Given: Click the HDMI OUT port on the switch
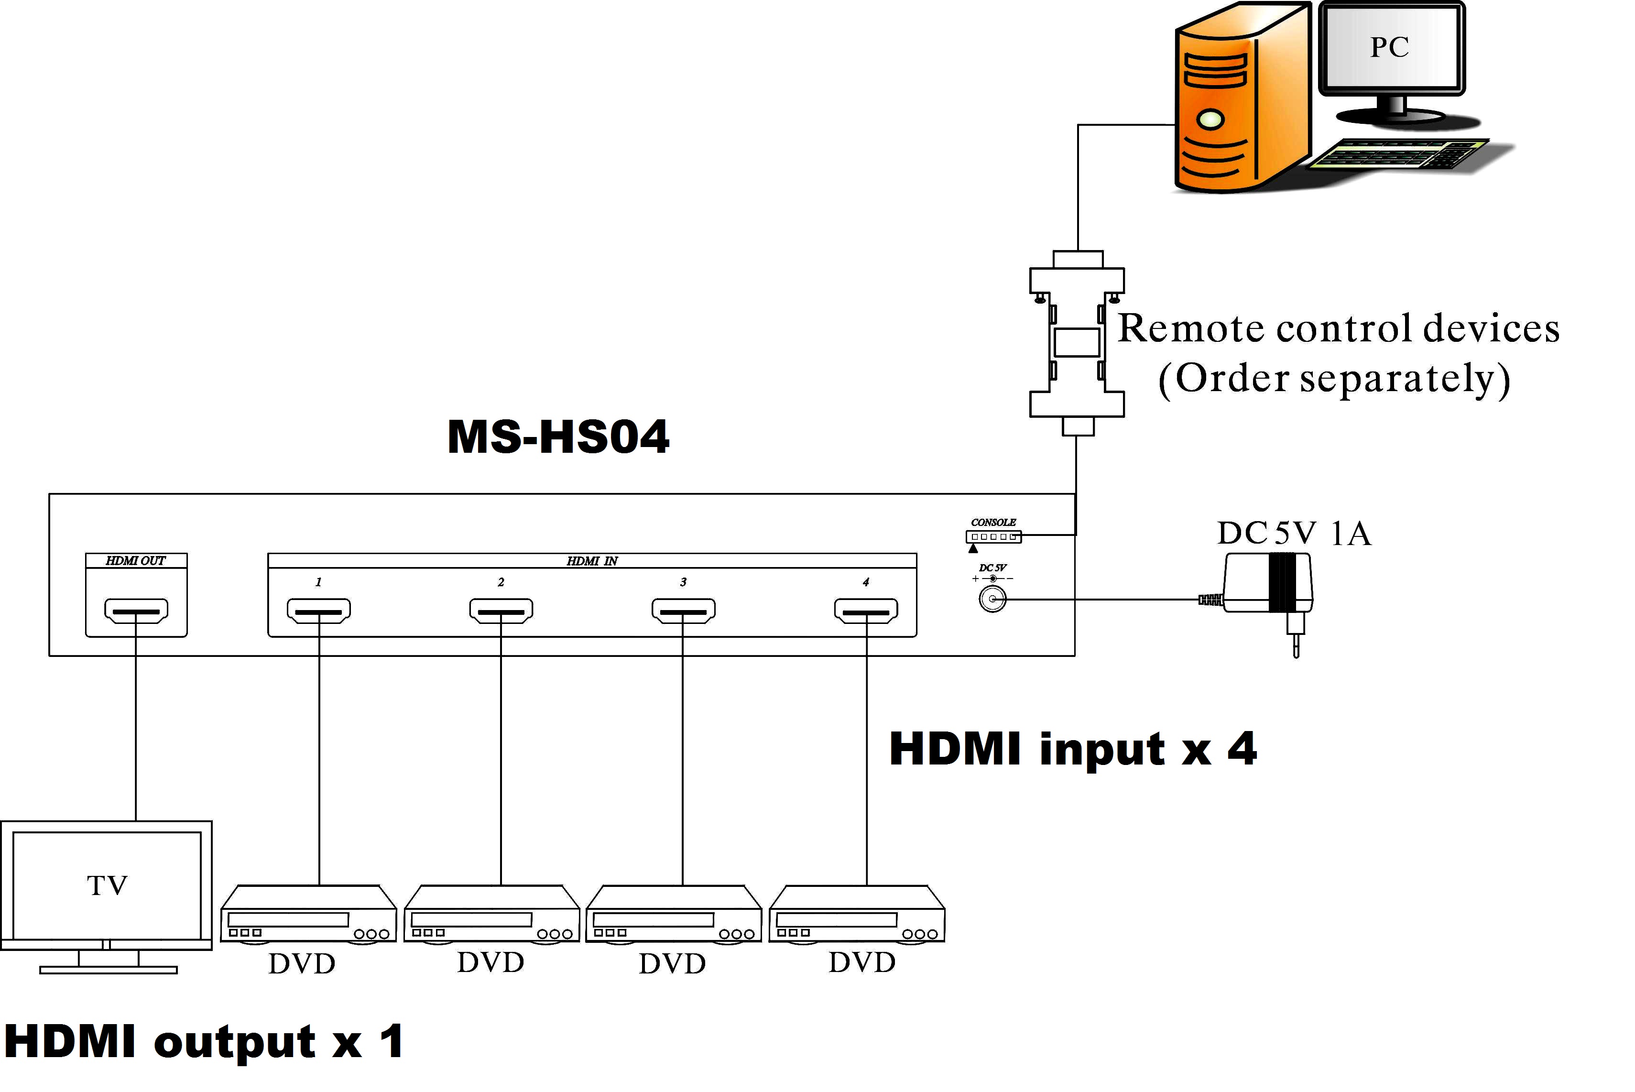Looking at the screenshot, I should click(136, 611).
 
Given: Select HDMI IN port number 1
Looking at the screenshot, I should click(319, 611).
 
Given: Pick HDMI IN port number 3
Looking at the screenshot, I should click(683, 611).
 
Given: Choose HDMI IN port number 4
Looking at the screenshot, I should click(866, 611).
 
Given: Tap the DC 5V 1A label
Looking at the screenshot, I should click(1294, 534).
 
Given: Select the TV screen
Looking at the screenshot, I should click(107, 885).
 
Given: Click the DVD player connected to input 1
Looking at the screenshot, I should click(308, 916).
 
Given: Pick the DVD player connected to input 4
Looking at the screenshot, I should click(857, 916).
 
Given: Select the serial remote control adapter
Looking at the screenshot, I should click(1077, 341).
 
